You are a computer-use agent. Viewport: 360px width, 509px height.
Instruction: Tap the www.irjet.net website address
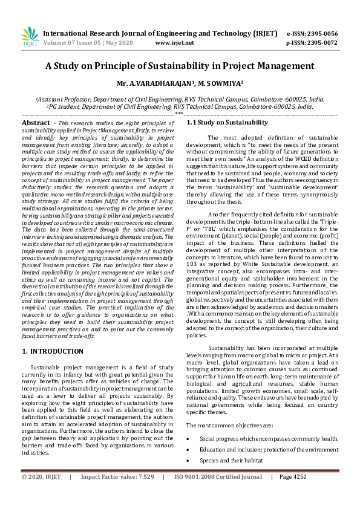click(x=175, y=43)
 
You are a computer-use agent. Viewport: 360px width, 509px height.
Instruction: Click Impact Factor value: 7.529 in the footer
click(x=117, y=494)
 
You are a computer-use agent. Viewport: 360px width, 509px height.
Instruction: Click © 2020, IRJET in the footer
click(x=41, y=494)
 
